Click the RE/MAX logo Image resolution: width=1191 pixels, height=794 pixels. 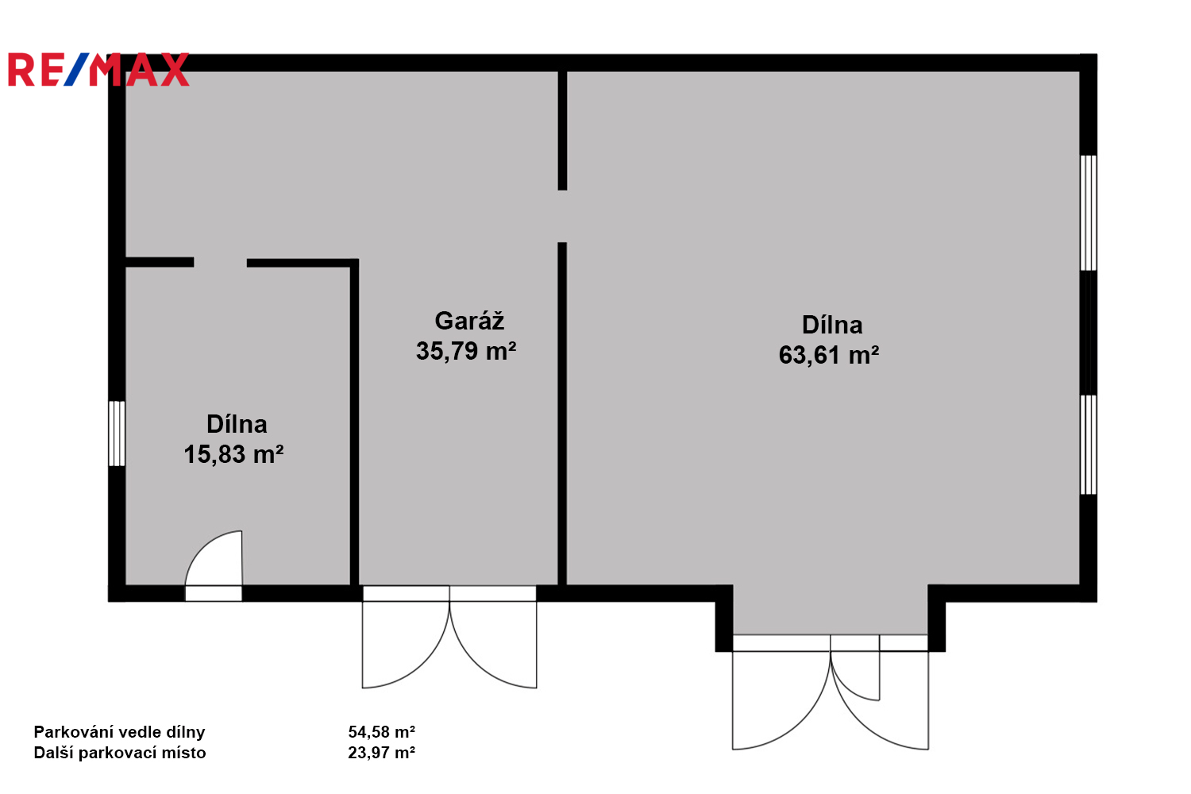coord(99,69)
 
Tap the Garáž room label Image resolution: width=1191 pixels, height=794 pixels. coord(469,322)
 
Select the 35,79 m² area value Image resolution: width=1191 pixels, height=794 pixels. coord(466,351)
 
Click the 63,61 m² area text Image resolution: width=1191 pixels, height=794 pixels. coord(829,355)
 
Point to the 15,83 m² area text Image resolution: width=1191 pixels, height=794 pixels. coord(233,454)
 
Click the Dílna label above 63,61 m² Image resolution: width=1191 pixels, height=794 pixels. coord(832,325)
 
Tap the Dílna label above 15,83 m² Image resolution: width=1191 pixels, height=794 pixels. coord(237,424)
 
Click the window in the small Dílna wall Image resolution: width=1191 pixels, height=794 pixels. coord(117,434)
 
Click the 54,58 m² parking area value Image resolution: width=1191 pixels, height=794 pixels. coord(382,732)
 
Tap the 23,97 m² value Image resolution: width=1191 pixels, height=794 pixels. coord(382,753)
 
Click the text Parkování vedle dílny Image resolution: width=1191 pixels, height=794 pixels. coord(119,732)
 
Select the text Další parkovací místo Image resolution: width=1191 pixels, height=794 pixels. coord(120,753)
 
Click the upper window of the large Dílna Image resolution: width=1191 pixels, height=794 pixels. coord(1089,213)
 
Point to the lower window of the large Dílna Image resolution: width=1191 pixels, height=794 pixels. coord(1089,445)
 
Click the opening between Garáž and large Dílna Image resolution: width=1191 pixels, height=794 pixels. coord(562,217)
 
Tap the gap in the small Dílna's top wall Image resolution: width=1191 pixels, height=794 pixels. coord(220,262)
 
